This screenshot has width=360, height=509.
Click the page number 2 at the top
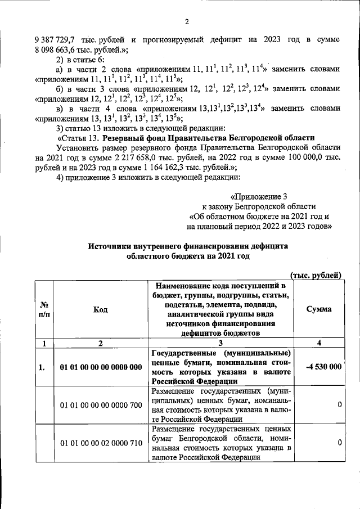[186, 22]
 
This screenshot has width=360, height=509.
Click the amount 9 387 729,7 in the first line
[56, 39]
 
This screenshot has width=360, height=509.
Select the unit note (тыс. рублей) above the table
[316, 274]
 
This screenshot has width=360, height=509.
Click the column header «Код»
[101, 310]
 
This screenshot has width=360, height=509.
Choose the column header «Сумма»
[318, 310]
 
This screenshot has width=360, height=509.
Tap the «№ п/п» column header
[44, 310]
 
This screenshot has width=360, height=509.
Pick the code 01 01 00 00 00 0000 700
[101, 405]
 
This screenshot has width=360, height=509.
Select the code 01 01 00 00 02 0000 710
[101, 443]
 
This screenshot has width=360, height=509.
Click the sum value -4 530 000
[323, 367]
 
